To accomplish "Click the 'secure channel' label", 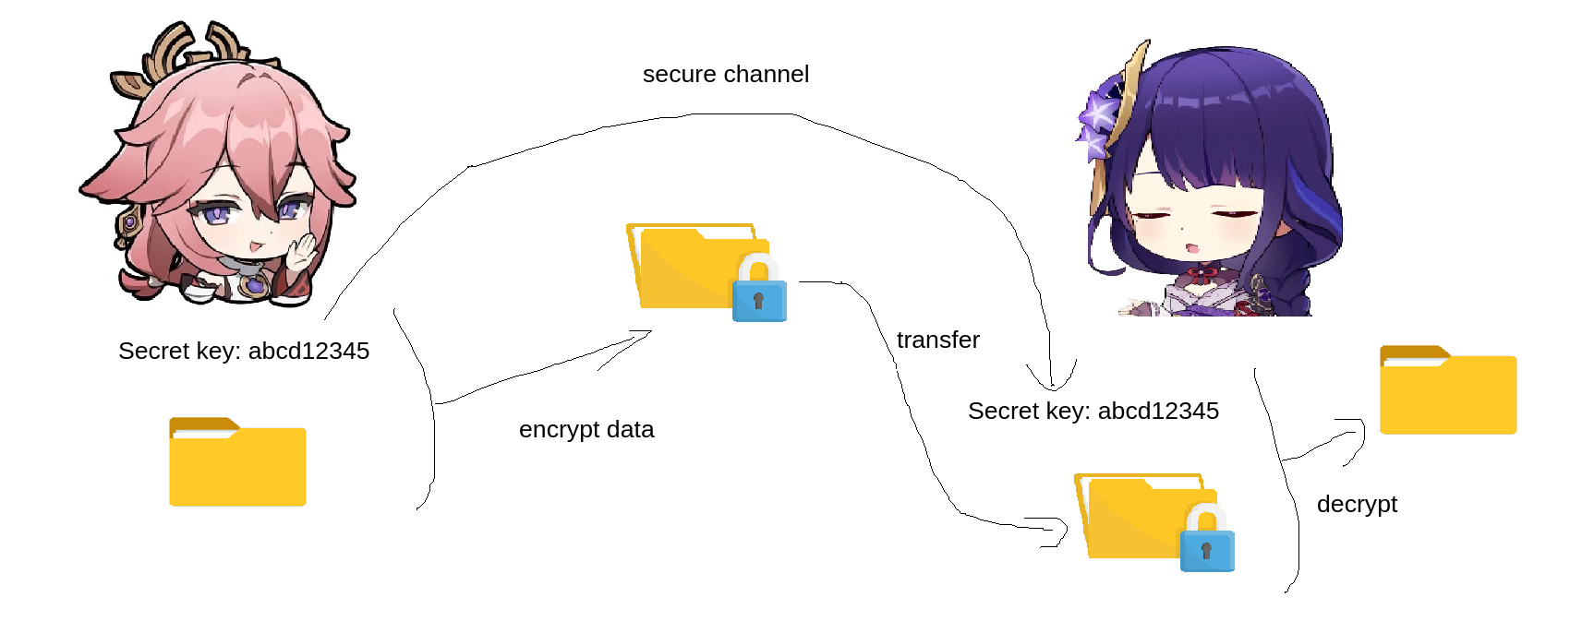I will [726, 74].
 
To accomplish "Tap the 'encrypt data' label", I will [586, 429].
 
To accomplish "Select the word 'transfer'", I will [937, 340].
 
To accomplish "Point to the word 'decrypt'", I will [1357, 504].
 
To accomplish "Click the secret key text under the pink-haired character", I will [244, 351].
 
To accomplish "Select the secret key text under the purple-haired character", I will [1093, 411].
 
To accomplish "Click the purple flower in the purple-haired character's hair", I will [1098, 120].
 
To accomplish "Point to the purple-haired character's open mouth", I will [1192, 247].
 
